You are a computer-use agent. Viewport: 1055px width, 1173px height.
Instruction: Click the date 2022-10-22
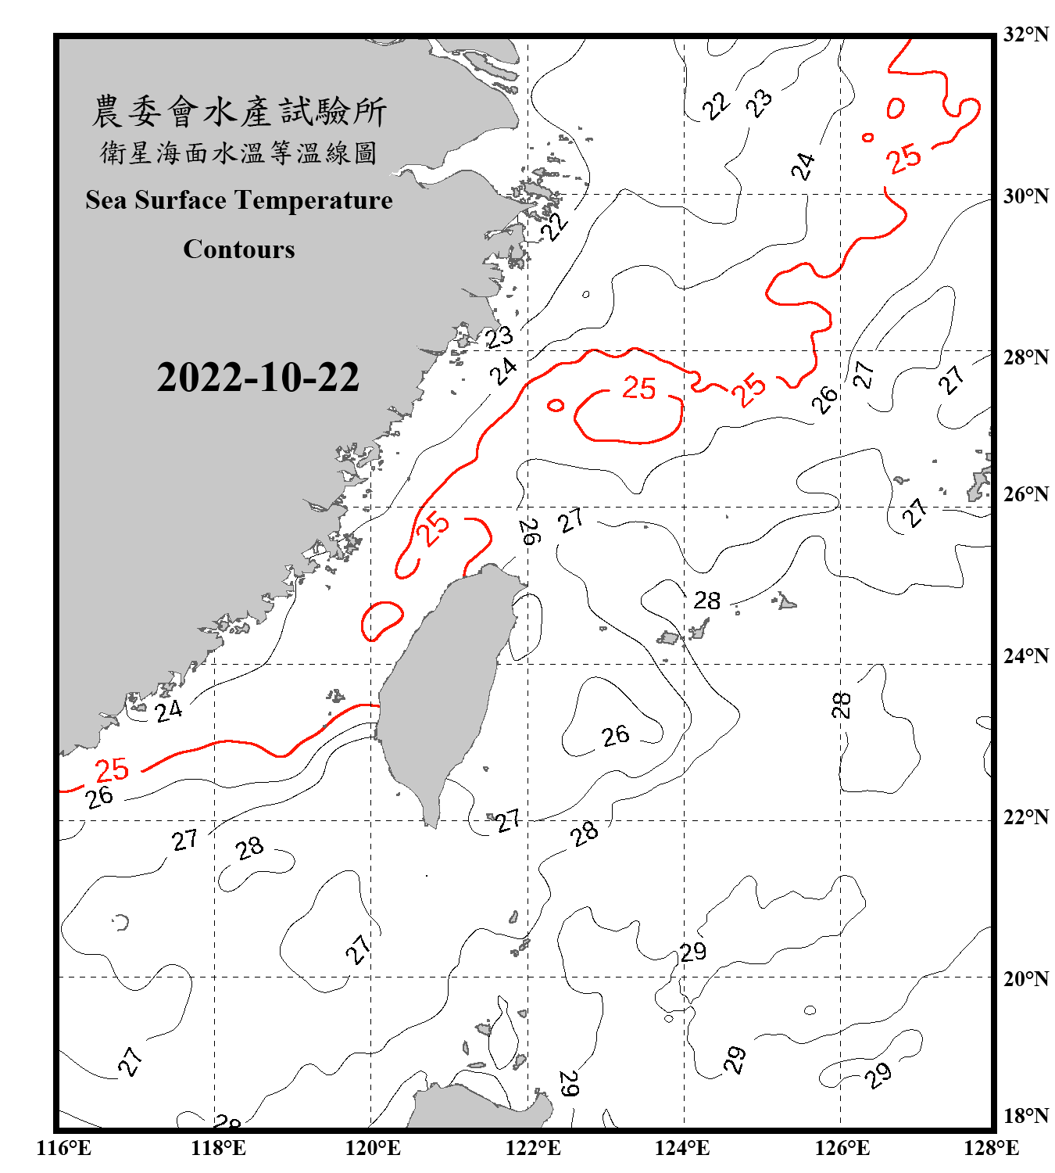coord(258,377)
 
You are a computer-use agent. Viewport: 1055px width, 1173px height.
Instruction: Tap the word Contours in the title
coord(239,249)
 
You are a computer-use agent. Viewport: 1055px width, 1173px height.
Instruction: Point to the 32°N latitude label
coord(1025,34)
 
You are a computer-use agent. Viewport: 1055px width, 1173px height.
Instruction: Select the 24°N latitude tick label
coord(1025,655)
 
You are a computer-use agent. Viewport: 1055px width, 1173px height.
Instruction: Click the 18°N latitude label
coord(1025,1115)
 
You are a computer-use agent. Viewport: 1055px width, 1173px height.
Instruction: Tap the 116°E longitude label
coord(63,1148)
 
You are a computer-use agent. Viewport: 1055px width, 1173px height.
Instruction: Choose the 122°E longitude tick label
coord(533,1148)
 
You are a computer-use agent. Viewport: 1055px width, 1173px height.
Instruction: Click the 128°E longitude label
coord(991,1148)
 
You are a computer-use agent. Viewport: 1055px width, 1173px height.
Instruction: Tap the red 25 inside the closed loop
coord(638,388)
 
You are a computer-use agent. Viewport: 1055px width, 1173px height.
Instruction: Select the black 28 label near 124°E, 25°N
coord(706,601)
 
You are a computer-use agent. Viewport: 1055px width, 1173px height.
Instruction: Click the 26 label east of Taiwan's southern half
coord(615,735)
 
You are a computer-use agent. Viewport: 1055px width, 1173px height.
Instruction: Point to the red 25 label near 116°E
coord(112,770)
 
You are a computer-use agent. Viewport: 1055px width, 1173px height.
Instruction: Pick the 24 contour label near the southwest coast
coord(168,711)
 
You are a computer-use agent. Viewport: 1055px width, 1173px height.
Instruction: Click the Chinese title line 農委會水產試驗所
coord(239,111)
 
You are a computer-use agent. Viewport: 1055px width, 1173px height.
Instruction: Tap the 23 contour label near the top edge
coord(759,102)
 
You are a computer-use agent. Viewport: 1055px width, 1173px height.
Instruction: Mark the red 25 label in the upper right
coord(903,159)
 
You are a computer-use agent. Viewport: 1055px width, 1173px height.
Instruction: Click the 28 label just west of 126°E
coord(841,705)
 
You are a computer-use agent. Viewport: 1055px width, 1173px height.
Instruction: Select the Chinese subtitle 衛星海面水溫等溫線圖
coord(239,152)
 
